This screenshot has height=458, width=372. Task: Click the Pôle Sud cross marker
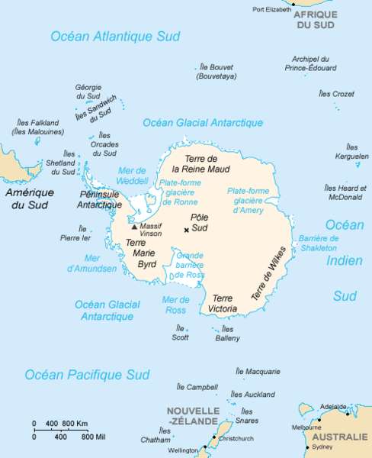click(186, 230)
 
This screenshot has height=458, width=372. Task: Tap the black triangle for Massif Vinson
click(135, 227)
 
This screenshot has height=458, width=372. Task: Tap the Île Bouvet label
click(216, 72)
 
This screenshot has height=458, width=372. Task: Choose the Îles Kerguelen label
click(351, 151)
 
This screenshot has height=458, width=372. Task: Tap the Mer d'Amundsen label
click(92, 263)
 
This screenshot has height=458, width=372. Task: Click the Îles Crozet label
click(336, 94)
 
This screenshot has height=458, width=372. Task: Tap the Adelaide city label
click(333, 407)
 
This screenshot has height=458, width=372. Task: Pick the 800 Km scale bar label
click(75, 422)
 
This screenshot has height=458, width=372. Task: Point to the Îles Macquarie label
click(258, 372)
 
